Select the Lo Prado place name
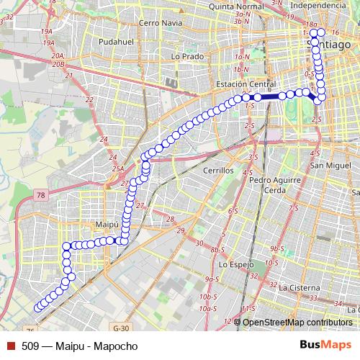pyautogui.click(x=185, y=55)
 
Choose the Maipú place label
pyautogui.click(x=107, y=225)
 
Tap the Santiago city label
pyautogui.click(x=324, y=44)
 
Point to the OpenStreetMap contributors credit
pyautogui.click(x=297, y=322)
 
